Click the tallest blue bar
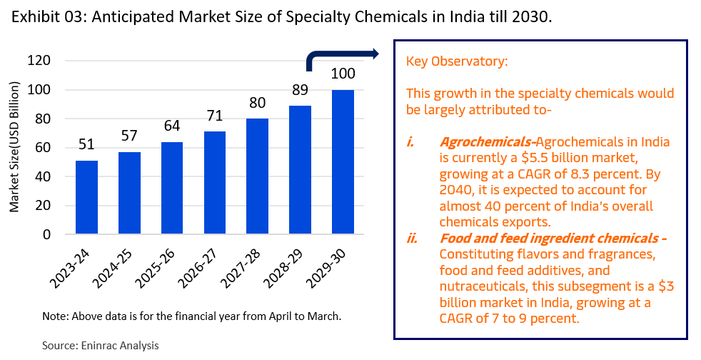click(343, 161)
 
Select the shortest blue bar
click(86, 196)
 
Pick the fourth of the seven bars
click(215, 182)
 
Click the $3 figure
click(667, 286)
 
